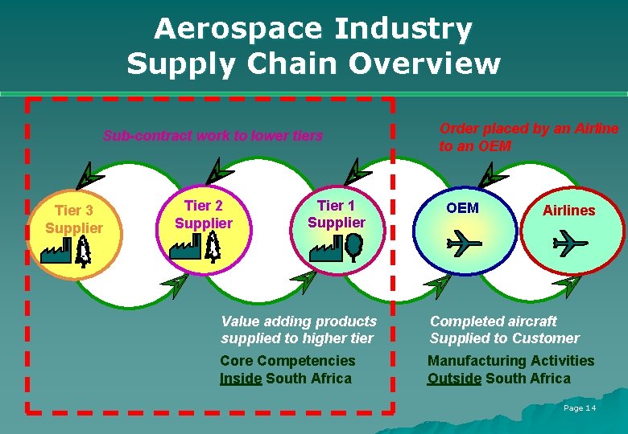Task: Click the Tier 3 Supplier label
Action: pyautogui.click(x=74, y=219)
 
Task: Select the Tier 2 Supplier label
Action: pyautogui.click(x=203, y=215)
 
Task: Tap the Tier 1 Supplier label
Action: pyautogui.click(x=337, y=214)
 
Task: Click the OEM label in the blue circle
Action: pyautogui.click(x=462, y=208)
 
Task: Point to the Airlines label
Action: pyautogui.click(x=568, y=211)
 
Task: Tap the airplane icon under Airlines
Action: pyautogui.click(x=570, y=241)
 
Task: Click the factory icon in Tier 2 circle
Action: pyautogui.click(x=185, y=250)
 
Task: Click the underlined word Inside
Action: pyautogui.click(x=241, y=379)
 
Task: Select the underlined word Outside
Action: pyautogui.click(x=454, y=379)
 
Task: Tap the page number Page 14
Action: pyautogui.click(x=580, y=408)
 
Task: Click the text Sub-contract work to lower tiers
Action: pyautogui.click(x=213, y=136)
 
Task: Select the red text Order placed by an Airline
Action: pyautogui.click(x=528, y=129)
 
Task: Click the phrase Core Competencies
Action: pyautogui.click(x=287, y=361)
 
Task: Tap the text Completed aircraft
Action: pyautogui.click(x=493, y=321)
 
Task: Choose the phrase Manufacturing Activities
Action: pyautogui.click(x=510, y=361)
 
